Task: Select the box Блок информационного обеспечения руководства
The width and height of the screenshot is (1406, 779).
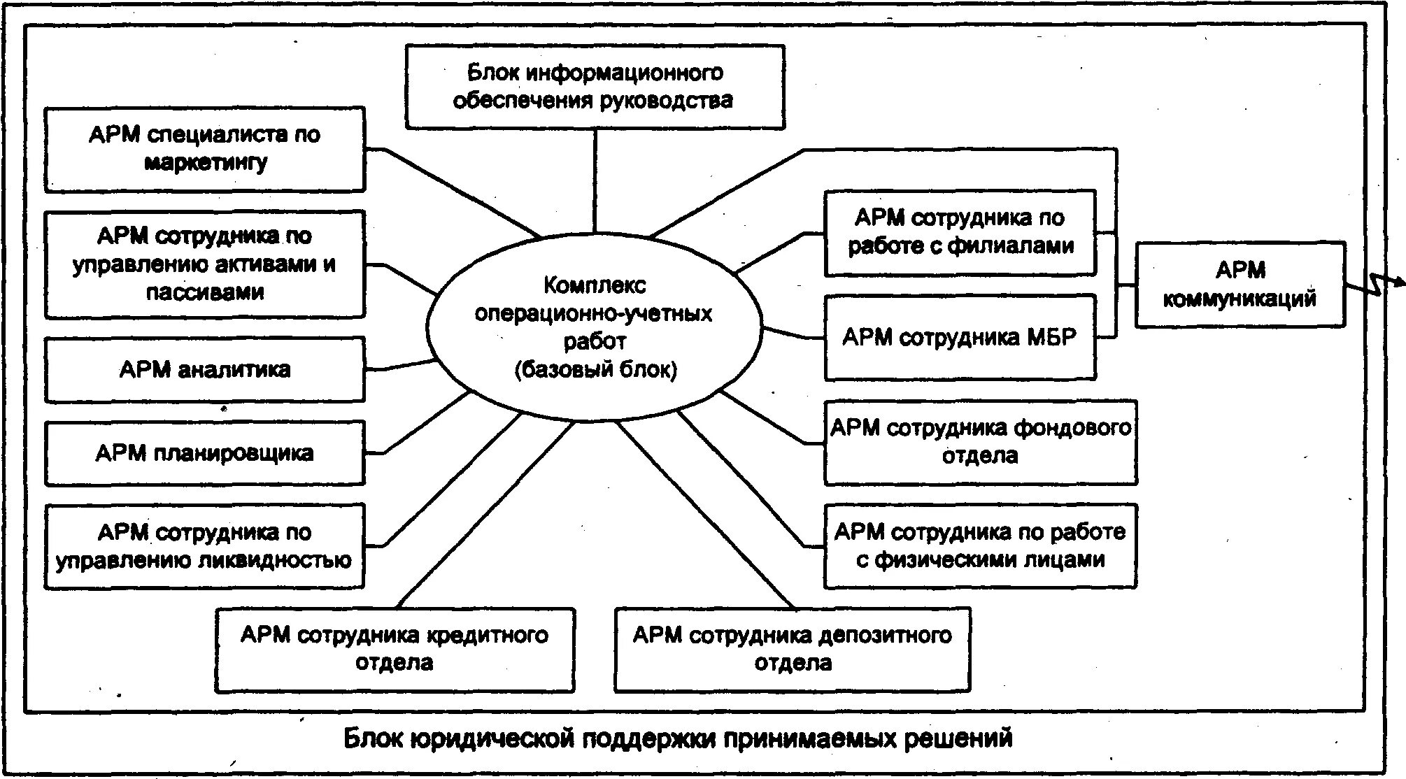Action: [x=595, y=87]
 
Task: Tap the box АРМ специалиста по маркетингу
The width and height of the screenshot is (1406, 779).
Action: [x=205, y=149]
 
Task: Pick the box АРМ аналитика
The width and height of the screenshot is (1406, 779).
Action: [x=205, y=369]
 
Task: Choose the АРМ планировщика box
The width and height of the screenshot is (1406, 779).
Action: [x=205, y=452]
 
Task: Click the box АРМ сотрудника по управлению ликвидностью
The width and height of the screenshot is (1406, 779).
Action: [x=204, y=546]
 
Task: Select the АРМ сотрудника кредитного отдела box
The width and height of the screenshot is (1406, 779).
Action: [x=395, y=650]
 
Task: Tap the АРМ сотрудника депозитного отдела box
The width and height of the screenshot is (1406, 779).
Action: [x=793, y=650]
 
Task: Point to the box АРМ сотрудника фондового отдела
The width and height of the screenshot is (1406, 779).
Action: [x=980, y=442]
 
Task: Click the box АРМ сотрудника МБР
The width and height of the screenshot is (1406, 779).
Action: [x=960, y=338]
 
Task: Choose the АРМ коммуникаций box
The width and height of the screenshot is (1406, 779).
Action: [x=1240, y=285]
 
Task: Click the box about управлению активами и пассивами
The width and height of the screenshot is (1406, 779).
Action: [x=205, y=264]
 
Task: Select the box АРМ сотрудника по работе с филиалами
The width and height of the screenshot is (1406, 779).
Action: [x=960, y=232]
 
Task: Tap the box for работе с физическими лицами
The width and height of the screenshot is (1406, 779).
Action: [x=980, y=546]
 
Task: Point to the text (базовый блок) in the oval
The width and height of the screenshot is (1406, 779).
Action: [x=595, y=369]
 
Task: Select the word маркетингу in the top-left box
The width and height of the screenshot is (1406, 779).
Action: [x=206, y=163]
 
